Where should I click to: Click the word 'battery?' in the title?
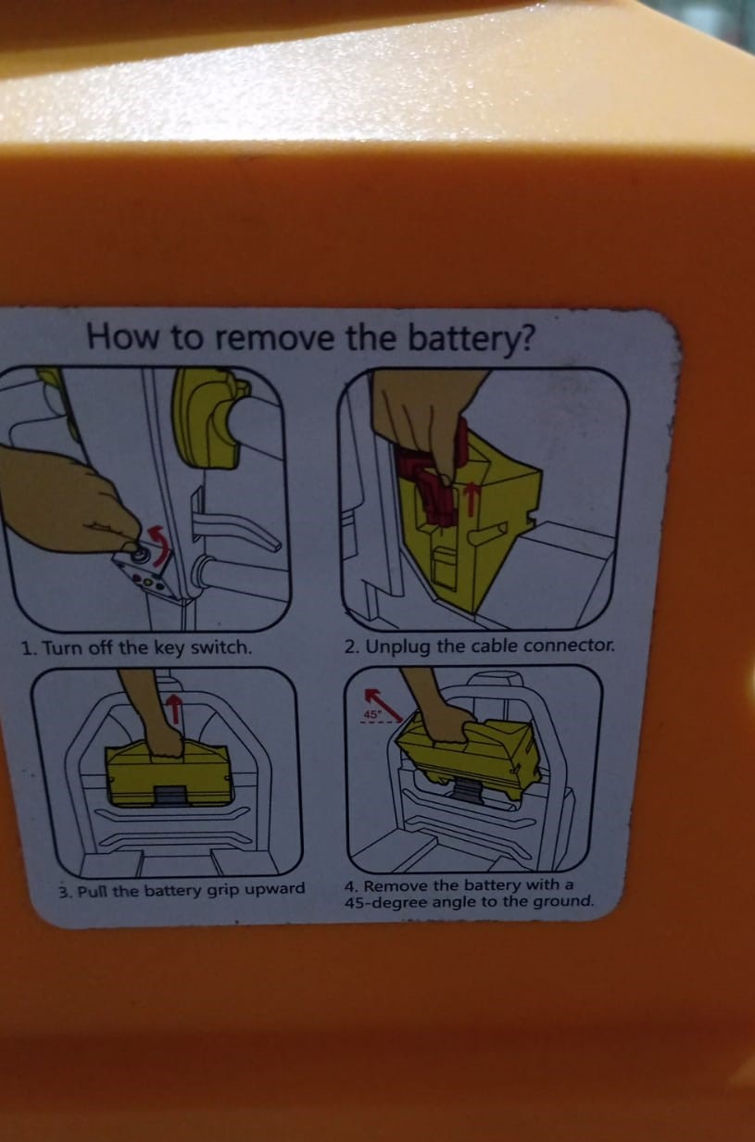click(x=472, y=340)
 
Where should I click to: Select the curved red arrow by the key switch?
click(x=159, y=546)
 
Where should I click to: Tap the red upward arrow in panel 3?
click(x=175, y=709)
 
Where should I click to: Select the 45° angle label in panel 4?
click(x=371, y=715)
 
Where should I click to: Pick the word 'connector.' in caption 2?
click(x=570, y=646)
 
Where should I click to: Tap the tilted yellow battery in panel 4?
click(x=469, y=754)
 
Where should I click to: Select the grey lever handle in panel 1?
click(x=234, y=530)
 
